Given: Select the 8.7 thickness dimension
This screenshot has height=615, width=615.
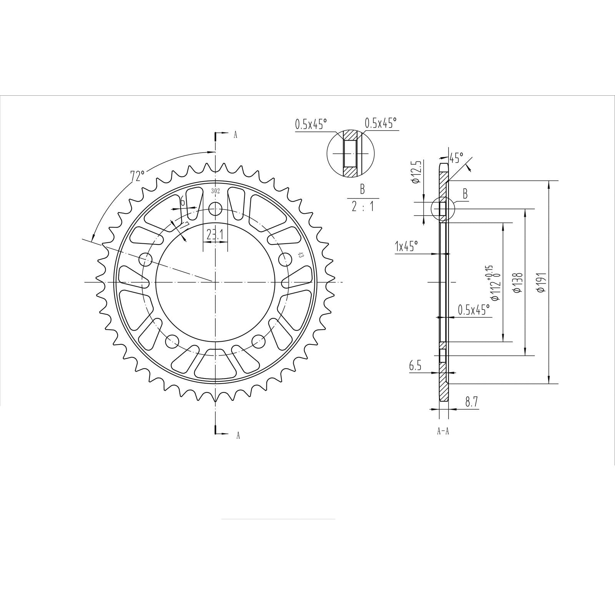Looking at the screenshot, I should (471, 402).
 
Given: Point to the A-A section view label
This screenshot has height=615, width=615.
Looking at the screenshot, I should (443, 431).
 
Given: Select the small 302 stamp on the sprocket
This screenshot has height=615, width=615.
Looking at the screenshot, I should (215, 191).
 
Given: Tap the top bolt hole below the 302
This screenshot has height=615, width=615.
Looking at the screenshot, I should (215, 209).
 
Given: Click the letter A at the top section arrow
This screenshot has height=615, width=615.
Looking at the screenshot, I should (236, 135).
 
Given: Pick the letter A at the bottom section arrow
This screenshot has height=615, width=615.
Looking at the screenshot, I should (238, 435).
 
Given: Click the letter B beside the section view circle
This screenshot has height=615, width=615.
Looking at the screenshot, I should (465, 194).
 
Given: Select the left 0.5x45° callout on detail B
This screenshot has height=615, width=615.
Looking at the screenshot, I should (311, 124).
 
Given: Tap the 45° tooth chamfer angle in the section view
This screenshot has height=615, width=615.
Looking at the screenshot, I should (457, 158).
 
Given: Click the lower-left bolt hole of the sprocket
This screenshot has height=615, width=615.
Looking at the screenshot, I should (172, 340).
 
